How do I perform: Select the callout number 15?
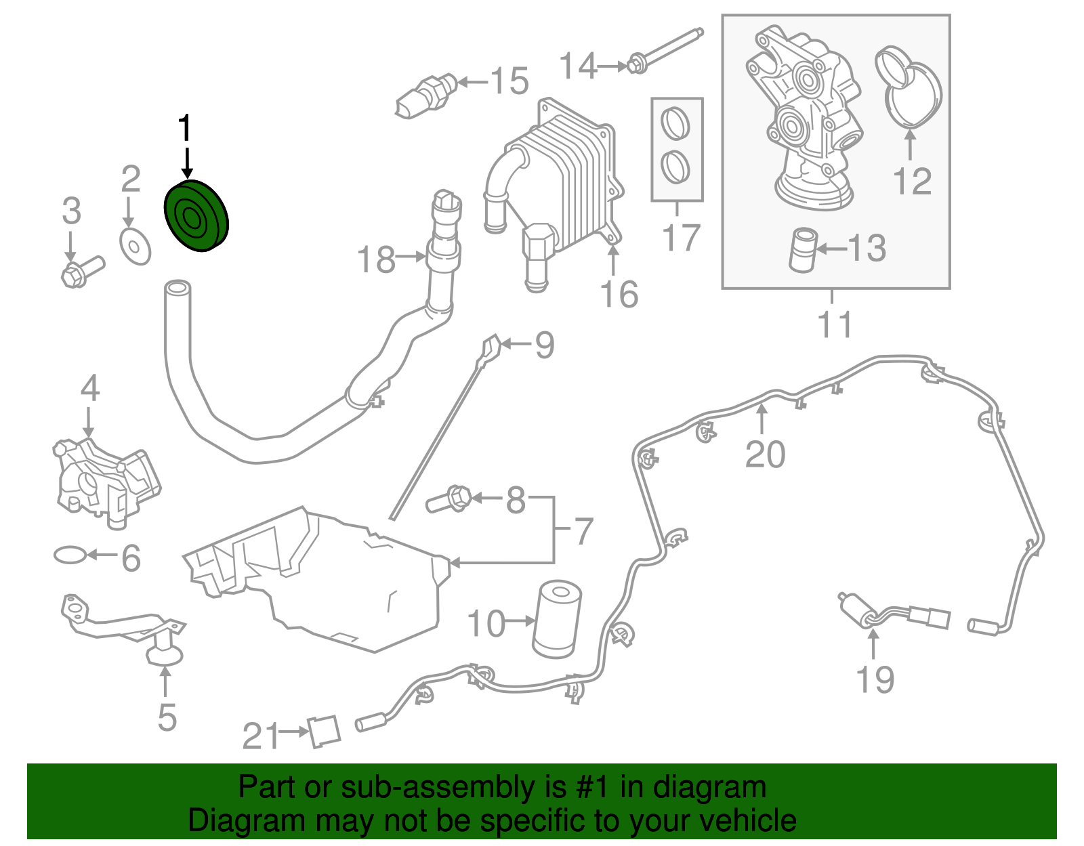point(509,81)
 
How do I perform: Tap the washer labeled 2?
point(135,247)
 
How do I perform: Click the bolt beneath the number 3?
point(82,271)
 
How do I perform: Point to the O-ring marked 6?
point(70,555)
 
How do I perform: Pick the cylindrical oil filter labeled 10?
point(558,618)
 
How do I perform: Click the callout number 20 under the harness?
point(765,454)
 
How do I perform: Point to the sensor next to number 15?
point(423,95)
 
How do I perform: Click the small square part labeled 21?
point(325,732)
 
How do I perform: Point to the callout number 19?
point(875,679)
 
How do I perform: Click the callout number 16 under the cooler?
point(619,295)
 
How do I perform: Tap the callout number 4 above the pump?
point(90,389)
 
